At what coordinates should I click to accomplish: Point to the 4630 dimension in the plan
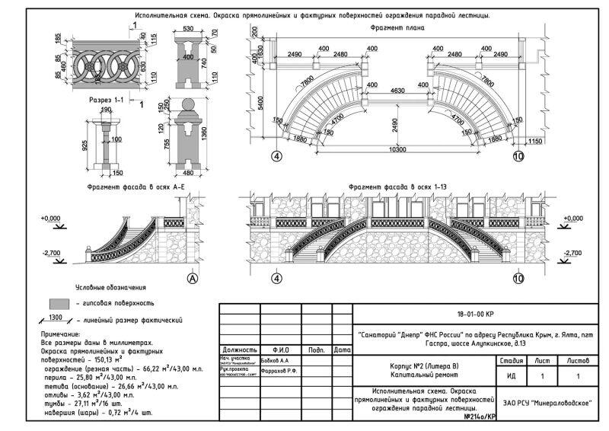(397, 91)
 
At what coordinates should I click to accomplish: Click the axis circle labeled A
(192, 279)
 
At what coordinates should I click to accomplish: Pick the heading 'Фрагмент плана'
(397, 27)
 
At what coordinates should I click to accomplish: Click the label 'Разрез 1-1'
(108, 101)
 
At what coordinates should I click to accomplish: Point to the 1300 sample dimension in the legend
(55, 316)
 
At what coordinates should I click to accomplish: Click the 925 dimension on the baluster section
(85, 143)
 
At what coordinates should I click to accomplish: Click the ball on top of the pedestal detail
(186, 105)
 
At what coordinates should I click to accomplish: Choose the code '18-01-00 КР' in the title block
(476, 314)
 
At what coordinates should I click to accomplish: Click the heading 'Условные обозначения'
(110, 288)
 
